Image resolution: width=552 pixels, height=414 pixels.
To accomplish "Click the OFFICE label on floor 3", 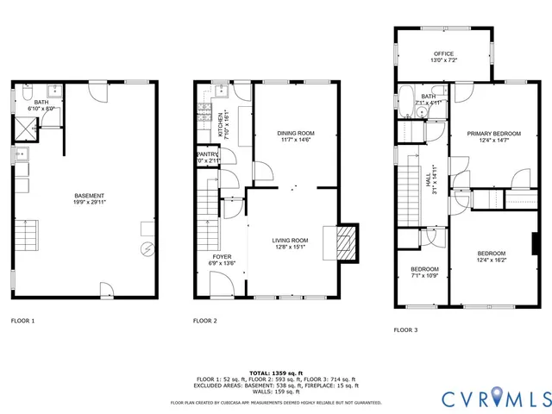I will pyautogui.click(x=444, y=53).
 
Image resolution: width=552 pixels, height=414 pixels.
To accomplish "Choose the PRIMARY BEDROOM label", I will pyautogui.click(x=494, y=134).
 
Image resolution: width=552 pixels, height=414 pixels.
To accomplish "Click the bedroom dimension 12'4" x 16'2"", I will pyautogui.click(x=492, y=260).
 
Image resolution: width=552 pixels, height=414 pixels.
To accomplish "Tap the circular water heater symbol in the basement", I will pyautogui.click(x=146, y=251).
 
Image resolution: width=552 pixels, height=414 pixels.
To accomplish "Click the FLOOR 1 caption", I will pyautogui.click(x=22, y=320).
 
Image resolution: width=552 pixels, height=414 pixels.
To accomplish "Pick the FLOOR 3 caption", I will pyautogui.click(x=406, y=329).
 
